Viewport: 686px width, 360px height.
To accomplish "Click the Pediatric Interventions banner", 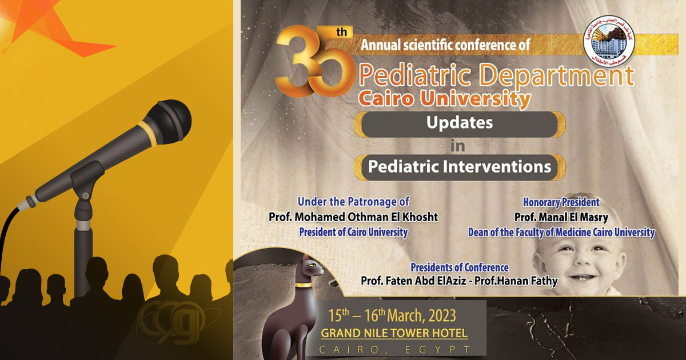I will point(460,167).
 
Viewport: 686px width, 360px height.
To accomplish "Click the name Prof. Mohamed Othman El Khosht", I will point(353,217).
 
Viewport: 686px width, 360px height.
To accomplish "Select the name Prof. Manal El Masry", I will point(561,217).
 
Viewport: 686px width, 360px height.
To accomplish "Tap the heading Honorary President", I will point(561,202).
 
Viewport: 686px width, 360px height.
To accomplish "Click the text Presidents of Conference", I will point(460,267).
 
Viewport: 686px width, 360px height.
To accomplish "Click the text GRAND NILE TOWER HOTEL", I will point(394,333).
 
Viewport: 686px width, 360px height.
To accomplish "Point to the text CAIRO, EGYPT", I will point(395,349).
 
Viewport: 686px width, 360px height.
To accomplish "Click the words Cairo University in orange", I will point(444,99).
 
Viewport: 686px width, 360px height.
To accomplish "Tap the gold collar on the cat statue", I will point(304,284).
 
